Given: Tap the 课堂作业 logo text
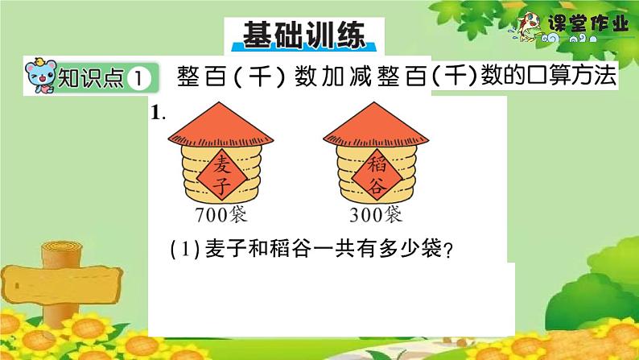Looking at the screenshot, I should pos(594,25).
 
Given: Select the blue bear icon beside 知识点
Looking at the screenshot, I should pos(39,76).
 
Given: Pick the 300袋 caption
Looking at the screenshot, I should pos(376,215).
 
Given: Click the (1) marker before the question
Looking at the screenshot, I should pos(178,250).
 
